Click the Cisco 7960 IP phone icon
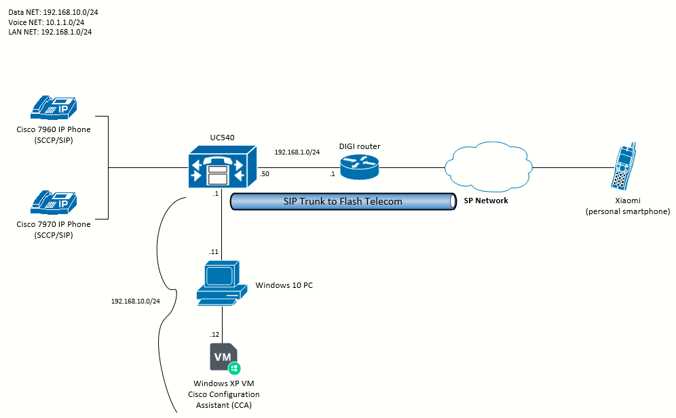click(x=54, y=108)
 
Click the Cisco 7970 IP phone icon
click(x=54, y=203)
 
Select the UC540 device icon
click(x=223, y=167)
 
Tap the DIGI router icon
click(x=360, y=167)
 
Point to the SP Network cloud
click(x=489, y=167)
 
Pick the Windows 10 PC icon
click(x=222, y=283)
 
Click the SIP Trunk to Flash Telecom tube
click(x=343, y=201)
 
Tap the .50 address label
click(x=264, y=174)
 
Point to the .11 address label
click(x=214, y=252)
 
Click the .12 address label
click(x=214, y=335)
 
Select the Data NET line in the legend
click(x=53, y=12)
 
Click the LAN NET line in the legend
click(x=50, y=32)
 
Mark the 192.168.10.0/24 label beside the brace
click(x=135, y=301)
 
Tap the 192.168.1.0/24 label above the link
click(x=297, y=152)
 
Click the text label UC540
click(x=223, y=138)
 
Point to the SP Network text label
click(x=486, y=201)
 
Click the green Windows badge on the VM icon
click(x=234, y=368)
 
